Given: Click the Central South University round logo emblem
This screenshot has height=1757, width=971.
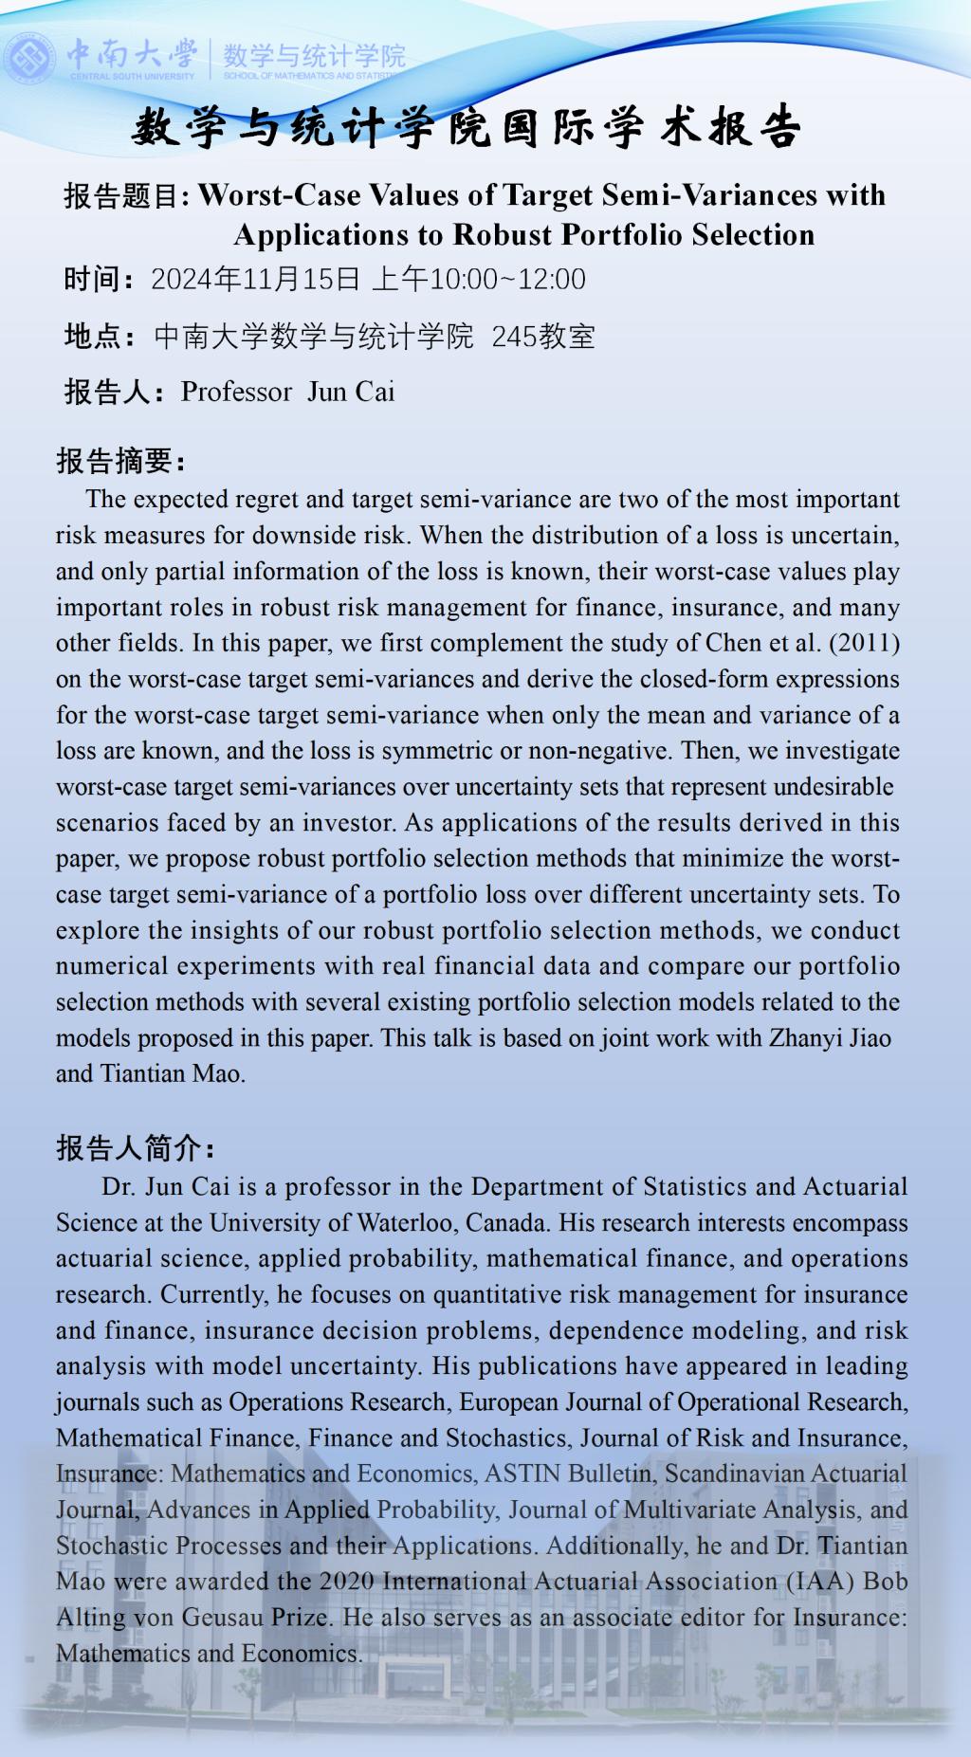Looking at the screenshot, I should pyautogui.click(x=29, y=57).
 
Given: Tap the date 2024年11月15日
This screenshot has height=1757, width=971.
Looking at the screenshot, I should pyautogui.click(x=255, y=279).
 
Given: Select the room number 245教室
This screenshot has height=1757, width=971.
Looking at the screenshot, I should pyautogui.click(x=542, y=336).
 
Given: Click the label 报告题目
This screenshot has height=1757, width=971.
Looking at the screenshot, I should pyautogui.click(x=126, y=196).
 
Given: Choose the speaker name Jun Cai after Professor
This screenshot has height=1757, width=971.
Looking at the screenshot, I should pyautogui.click(x=351, y=392).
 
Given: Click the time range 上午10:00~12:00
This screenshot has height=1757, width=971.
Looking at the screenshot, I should pyautogui.click(x=479, y=279).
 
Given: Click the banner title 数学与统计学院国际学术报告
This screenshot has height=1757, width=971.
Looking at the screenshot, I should pyautogui.click(x=467, y=128).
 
